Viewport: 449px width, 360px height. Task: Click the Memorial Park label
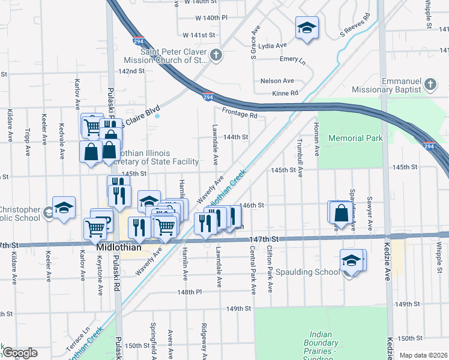point(355,138)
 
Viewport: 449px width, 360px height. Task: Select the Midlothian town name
point(119,247)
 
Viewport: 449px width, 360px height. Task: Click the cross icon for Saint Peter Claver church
point(216,56)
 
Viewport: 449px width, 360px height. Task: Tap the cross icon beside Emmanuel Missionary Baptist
point(430,85)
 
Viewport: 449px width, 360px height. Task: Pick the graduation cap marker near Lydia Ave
point(307,28)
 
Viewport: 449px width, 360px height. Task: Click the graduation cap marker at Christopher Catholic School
point(64,208)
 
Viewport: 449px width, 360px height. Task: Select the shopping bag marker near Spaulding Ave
point(340,213)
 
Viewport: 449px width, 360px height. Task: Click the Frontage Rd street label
point(239,112)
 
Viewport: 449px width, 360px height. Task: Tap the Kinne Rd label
point(286,93)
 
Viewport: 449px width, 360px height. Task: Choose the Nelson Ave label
point(277,80)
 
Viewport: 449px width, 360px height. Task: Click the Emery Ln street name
point(292,60)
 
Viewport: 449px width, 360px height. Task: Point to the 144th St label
point(236,137)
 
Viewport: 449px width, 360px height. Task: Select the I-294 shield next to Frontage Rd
point(207,97)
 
